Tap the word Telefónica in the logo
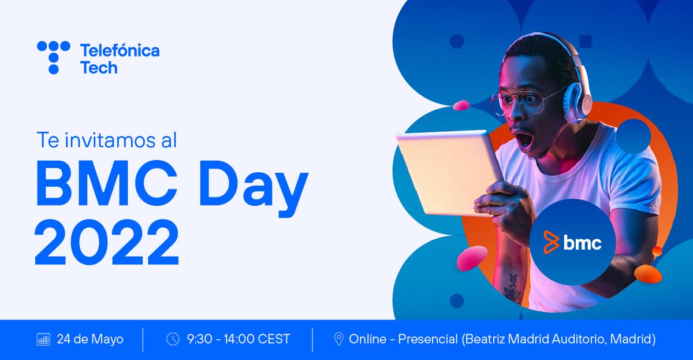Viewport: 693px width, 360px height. click(x=120, y=51)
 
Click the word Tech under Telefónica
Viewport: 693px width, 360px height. click(x=99, y=68)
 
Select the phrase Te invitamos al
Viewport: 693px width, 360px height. click(x=110, y=140)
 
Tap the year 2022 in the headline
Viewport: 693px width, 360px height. click(x=107, y=240)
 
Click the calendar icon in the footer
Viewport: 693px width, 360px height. click(x=43, y=339)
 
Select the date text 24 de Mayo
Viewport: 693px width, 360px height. click(x=90, y=339)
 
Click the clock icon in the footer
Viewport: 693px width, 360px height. click(x=173, y=339)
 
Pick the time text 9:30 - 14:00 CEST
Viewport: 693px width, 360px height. click(x=239, y=339)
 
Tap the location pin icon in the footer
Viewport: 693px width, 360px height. click(x=339, y=339)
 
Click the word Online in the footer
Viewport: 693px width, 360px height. click(x=367, y=339)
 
